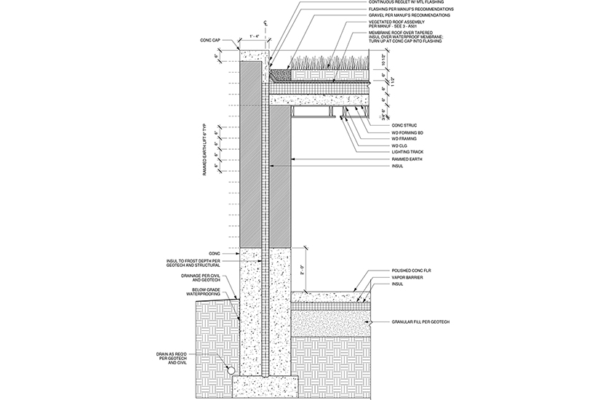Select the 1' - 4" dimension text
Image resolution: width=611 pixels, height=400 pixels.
255,36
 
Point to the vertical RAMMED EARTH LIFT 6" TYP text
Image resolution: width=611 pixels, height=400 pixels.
207,155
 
